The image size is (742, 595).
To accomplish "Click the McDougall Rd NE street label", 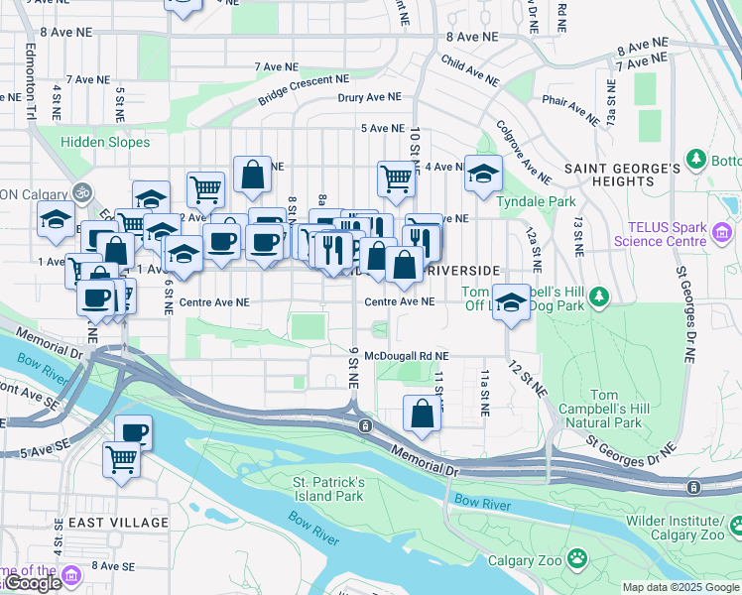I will coord(407,355).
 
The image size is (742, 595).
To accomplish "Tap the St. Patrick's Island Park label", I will coord(328,488).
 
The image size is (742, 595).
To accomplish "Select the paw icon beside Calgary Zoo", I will coord(577,560).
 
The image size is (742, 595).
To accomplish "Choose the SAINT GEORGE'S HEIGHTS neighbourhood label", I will coord(623,175).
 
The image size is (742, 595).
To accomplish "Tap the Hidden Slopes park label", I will coord(105,142).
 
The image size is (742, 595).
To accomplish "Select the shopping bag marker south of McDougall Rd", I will coord(423,414).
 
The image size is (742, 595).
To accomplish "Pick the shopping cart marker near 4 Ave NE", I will coord(396,178).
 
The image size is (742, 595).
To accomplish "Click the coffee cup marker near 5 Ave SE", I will coord(133,431).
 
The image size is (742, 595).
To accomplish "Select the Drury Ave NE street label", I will coord(369,97).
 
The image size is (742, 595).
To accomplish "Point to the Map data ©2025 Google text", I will coord(680,587).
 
